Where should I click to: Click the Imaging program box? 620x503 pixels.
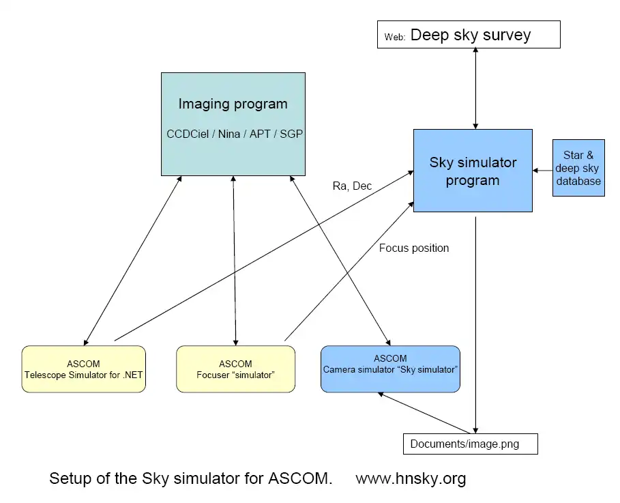[x=233, y=123]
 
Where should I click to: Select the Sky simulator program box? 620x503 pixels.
[x=473, y=171]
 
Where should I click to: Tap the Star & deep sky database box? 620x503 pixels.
[x=578, y=168]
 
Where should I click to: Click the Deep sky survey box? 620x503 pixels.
[x=469, y=35]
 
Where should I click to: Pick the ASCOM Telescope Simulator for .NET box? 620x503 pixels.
[x=83, y=369]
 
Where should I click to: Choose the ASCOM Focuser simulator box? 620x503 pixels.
[x=235, y=369]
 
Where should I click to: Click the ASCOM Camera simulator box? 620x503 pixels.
[x=390, y=369]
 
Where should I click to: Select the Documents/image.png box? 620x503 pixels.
[x=470, y=444]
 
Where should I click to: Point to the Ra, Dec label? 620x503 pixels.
[x=352, y=186]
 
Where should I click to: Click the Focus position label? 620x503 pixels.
[x=414, y=248]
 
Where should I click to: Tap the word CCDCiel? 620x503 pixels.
[x=189, y=134]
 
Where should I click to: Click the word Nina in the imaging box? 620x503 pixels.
[x=229, y=134]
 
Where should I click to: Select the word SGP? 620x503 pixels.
[x=291, y=134]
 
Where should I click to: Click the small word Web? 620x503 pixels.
[x=395, y=38]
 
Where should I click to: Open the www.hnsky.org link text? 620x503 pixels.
[x=411, y=478]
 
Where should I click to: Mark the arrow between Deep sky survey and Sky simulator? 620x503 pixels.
[x=475, y=89]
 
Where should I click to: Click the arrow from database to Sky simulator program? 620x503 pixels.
[x=543, y=170]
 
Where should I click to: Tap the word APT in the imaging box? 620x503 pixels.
[x=260, y=134]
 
